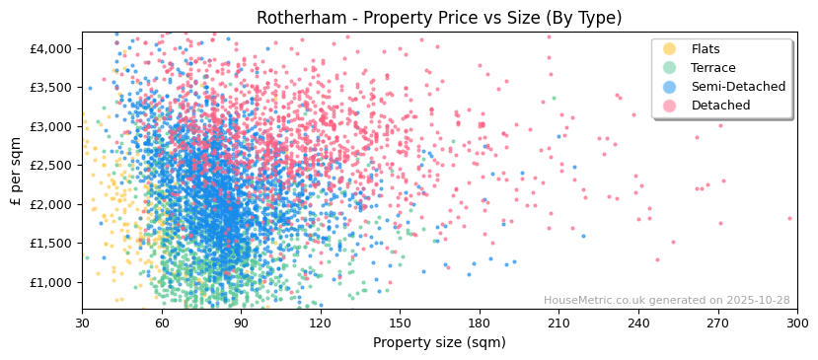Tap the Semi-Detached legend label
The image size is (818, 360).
738,87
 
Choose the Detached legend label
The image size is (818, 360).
720,106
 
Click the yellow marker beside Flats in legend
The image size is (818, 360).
669,49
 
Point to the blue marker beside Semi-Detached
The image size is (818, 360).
669,87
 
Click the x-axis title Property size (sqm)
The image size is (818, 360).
439,343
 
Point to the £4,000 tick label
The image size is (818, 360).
51,48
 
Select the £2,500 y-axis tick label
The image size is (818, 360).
51,166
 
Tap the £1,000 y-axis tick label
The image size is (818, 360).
51,282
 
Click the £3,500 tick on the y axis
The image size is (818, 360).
51,88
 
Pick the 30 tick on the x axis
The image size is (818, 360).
82,323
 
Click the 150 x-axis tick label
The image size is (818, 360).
400,323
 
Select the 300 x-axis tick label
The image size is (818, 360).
796,323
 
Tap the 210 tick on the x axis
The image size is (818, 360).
558,323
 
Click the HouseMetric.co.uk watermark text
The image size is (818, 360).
666,301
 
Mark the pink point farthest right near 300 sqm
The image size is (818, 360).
789,218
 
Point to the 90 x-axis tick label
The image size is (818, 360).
241,323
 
